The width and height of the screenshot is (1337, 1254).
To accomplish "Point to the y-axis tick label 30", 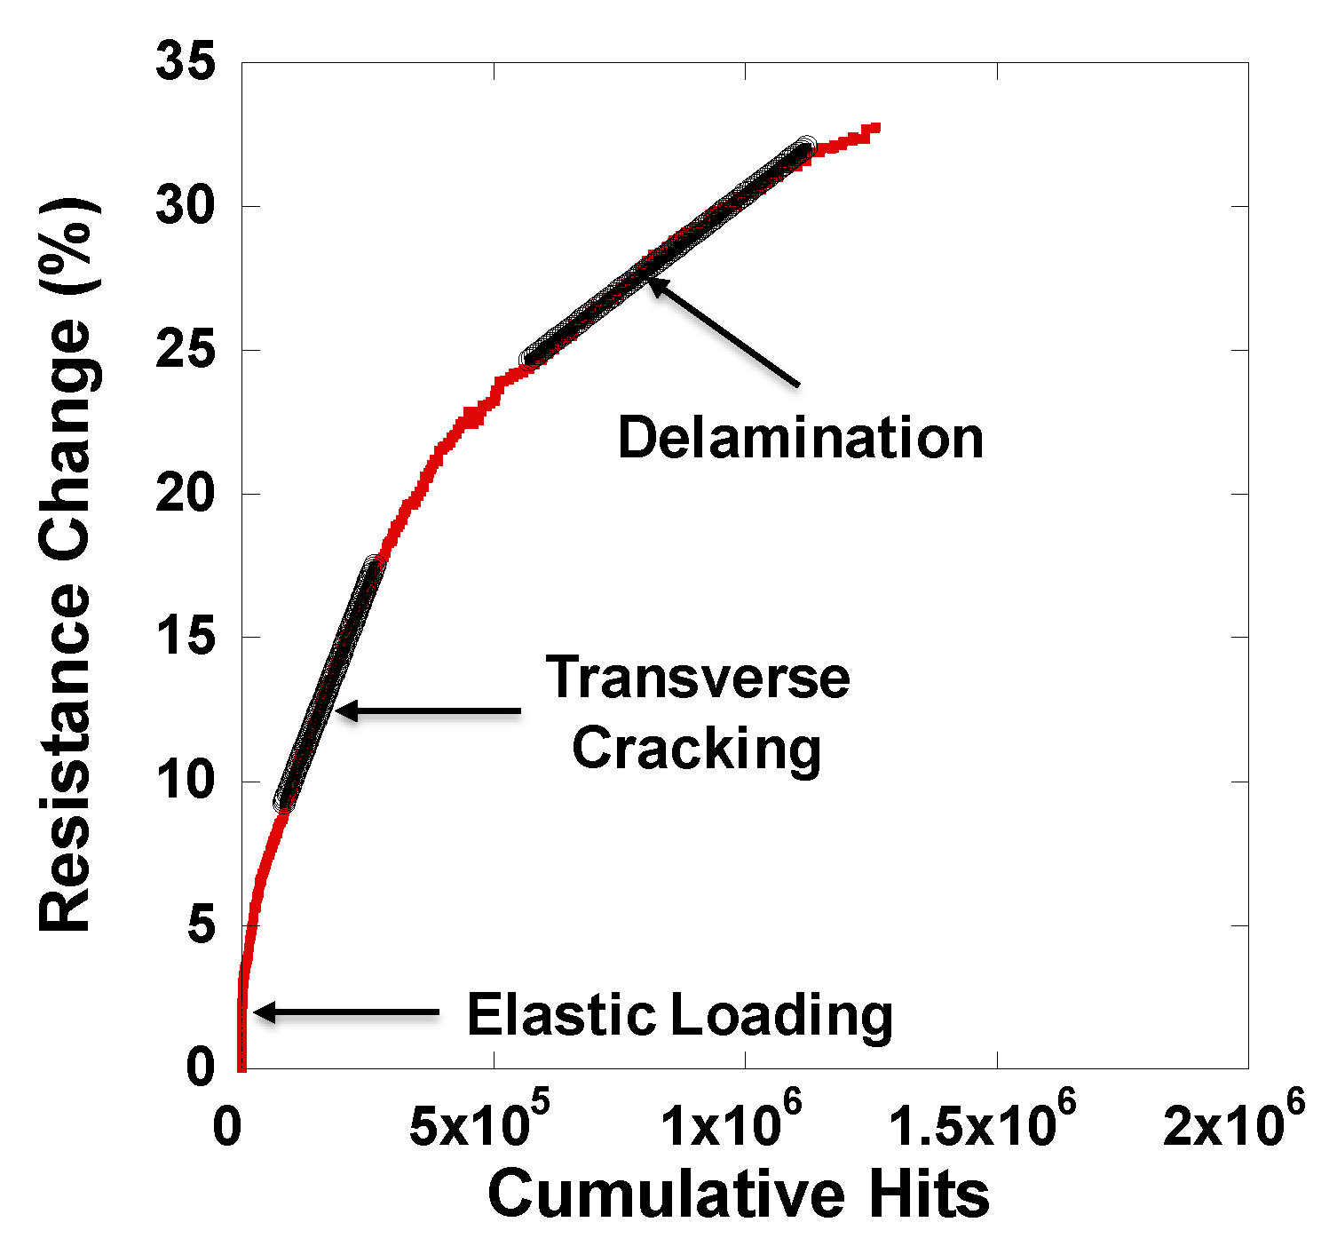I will (186, 207).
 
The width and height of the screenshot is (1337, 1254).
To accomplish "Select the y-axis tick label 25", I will (186, 351).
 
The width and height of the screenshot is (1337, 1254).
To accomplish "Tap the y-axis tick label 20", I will (186, 495).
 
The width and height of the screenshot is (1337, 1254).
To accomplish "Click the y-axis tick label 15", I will (186, 638).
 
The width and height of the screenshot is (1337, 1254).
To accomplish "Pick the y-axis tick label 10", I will (186, 782).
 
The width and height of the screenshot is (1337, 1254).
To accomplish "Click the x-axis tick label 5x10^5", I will (479, 1124).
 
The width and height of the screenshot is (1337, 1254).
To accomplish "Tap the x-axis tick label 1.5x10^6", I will (982, 1124).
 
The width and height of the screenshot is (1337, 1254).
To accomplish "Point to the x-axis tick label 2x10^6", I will (1234, 1124).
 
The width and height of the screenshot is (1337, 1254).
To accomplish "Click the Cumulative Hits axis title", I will (739, 1194).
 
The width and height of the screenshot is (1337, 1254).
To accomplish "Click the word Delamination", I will (801, 438).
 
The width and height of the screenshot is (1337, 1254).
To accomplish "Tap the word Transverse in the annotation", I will (698, 678).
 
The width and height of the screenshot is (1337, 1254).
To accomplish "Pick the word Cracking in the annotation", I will (697, 749).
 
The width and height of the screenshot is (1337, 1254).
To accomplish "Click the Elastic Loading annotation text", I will (680, 1014).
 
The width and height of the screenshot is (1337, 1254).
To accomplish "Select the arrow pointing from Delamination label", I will (724, 333).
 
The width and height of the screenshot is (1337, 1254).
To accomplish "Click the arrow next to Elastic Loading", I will (346, 1012).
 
